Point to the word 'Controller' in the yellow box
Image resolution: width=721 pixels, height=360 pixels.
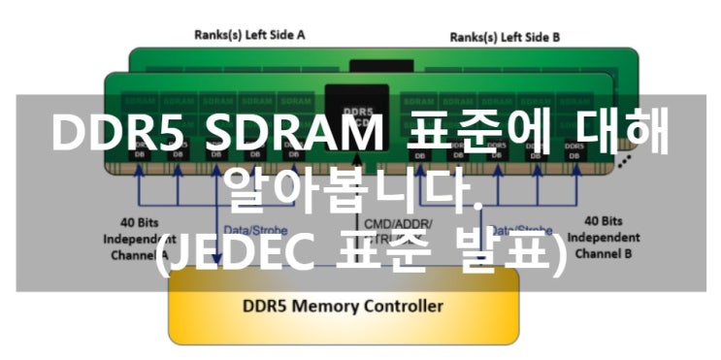401,307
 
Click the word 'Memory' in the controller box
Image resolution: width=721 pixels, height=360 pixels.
326,307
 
